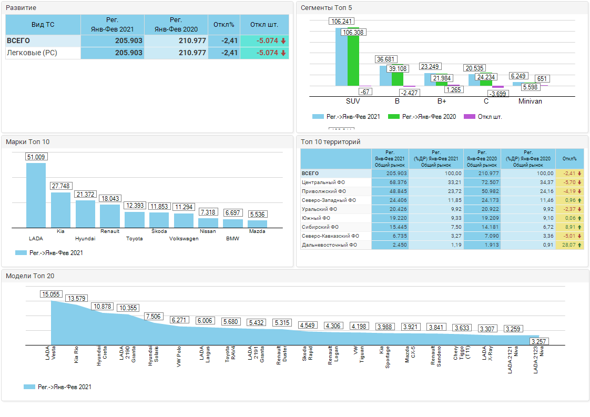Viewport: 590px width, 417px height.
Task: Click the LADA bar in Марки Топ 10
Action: pyautogui.click(x=36, y=195)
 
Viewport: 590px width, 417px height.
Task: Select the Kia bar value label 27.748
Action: pyautogui.click(x=60, y=186)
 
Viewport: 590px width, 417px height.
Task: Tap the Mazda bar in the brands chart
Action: pyautogui.click(x=258, y=223)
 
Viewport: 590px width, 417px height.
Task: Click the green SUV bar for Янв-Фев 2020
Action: pyautogui.click(x=353, y=58)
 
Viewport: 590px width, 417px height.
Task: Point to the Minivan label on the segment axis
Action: pyautogui.click(x=530, y=101)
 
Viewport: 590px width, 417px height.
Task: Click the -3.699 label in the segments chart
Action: pyautogui.click(x=498, y=93)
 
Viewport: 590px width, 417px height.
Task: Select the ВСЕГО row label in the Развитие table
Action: pyautogui.click(x=18, y=40)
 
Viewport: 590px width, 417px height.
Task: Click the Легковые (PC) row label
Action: pyautogui.click(x=32, y=53)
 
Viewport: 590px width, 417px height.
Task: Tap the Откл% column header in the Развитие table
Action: pyautogui.click(x=224, y=25)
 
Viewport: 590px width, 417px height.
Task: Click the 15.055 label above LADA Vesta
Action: pyautogui.click(x=52, y=294)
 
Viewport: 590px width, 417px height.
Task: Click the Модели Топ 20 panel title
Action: pyautogui.click(x=30, y=276)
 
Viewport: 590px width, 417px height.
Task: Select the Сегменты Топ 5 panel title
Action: pyautogui.click(x=327, y=7)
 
